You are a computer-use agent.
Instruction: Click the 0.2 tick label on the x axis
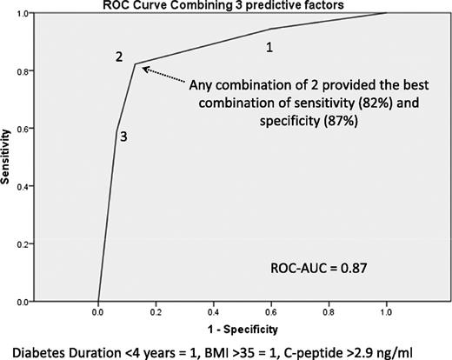coord(156,311)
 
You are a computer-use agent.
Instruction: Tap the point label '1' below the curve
coord(269,47)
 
